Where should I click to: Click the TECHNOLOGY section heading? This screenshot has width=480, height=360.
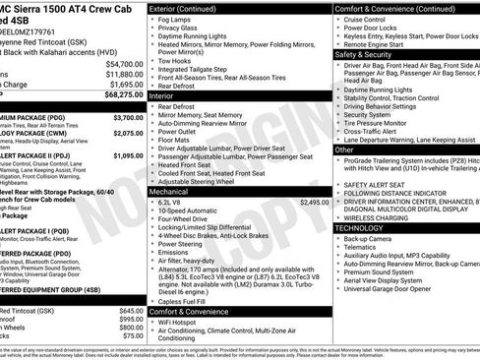coord(367,227)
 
